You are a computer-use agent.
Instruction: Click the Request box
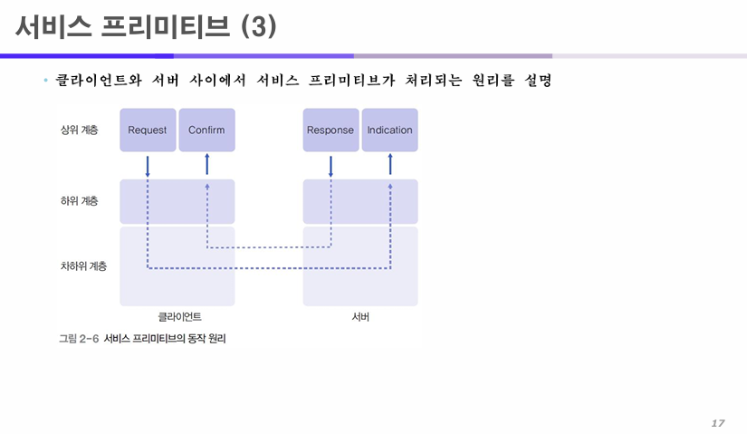point(148,130)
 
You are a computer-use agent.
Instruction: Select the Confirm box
point(206,130)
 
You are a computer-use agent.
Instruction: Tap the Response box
point(330,130)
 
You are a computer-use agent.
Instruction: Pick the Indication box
point(389,130)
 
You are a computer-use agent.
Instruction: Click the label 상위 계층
point(80,130)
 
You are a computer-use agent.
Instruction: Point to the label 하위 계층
point(80,200)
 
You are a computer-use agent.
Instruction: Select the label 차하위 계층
point(83,266)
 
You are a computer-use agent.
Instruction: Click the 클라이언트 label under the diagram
point(179,317)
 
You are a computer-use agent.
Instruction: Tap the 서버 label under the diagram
point(360,317)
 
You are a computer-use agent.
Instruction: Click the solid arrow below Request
point(148,166)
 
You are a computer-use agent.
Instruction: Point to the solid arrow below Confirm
point(206,164)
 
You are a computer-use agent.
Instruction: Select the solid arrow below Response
point(330,166)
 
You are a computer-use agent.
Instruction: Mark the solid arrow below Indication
point(390,164)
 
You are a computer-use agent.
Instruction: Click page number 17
point(718,423)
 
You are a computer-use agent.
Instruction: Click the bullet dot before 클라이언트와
point(44,82)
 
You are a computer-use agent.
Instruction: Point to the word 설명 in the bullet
point(538,82)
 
